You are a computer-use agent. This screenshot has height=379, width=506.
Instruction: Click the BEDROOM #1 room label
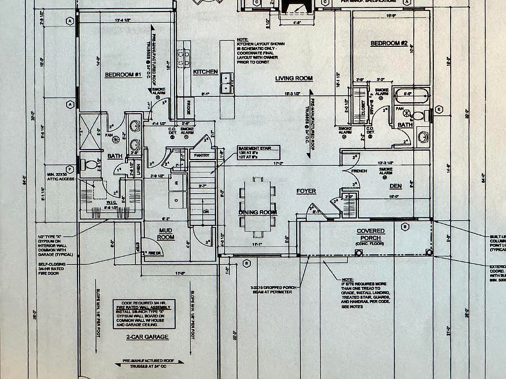tap(122, 75)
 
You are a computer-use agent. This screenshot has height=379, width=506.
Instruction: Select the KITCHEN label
tap(205, 72)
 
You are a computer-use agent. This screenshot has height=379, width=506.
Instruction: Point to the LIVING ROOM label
tap(294, 78)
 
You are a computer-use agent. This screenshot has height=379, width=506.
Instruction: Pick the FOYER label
tap(306, 191)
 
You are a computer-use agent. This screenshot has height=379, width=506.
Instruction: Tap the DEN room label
tap(395, 186)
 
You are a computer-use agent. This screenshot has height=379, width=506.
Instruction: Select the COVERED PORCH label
tap(371, 235)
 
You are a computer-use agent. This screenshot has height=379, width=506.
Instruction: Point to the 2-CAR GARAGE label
tap(140, 336)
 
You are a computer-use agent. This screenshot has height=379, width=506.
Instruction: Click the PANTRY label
tap(201, 155)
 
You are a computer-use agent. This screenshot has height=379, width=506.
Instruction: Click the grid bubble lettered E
tap(439, 109)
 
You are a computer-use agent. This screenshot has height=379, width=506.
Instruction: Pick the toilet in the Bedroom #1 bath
tap(91, 164)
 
